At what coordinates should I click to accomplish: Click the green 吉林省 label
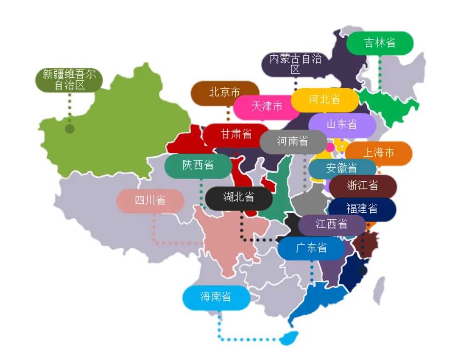point(380,43)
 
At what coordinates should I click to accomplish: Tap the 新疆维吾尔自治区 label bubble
point(70,80)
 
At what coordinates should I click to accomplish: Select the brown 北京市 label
point(224,92)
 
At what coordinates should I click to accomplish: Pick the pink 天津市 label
point(266,106)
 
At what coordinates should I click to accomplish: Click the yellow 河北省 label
point(324,100)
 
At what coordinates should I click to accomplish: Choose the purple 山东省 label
point(342,124)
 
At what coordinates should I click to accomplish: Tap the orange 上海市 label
point(378,153)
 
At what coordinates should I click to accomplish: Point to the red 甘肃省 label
point(236,135)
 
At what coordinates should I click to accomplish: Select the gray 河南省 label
point(293,141)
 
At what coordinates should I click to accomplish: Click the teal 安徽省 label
point(342,168)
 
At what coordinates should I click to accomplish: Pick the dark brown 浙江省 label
point(363,186)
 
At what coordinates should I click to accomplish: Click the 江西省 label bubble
point(332,224)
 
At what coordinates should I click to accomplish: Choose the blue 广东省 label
point(311,248)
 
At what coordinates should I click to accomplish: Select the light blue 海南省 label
point(216,297)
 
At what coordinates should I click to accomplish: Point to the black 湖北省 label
point(238,197)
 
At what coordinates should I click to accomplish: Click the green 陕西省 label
point(198,165)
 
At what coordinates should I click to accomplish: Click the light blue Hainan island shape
point(289,338)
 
